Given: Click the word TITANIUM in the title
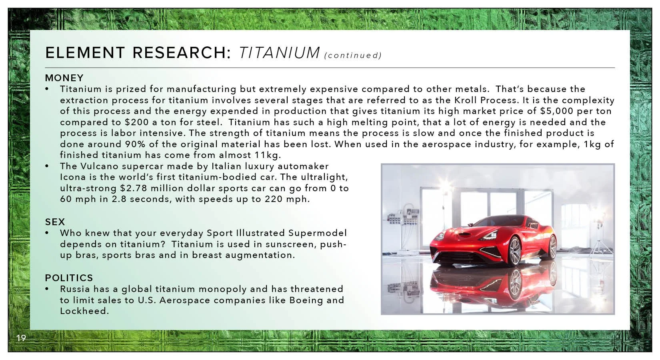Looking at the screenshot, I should [279, 53].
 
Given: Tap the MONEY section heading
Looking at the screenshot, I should [64, 78].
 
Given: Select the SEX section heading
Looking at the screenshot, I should [55, 222].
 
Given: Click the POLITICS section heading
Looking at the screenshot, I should [69, 278].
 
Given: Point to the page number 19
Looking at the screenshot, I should [21, 338].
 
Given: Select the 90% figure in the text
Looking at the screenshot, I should [135, 144].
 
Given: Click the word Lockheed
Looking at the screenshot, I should [84, 311].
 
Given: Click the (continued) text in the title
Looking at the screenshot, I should [353, 56].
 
